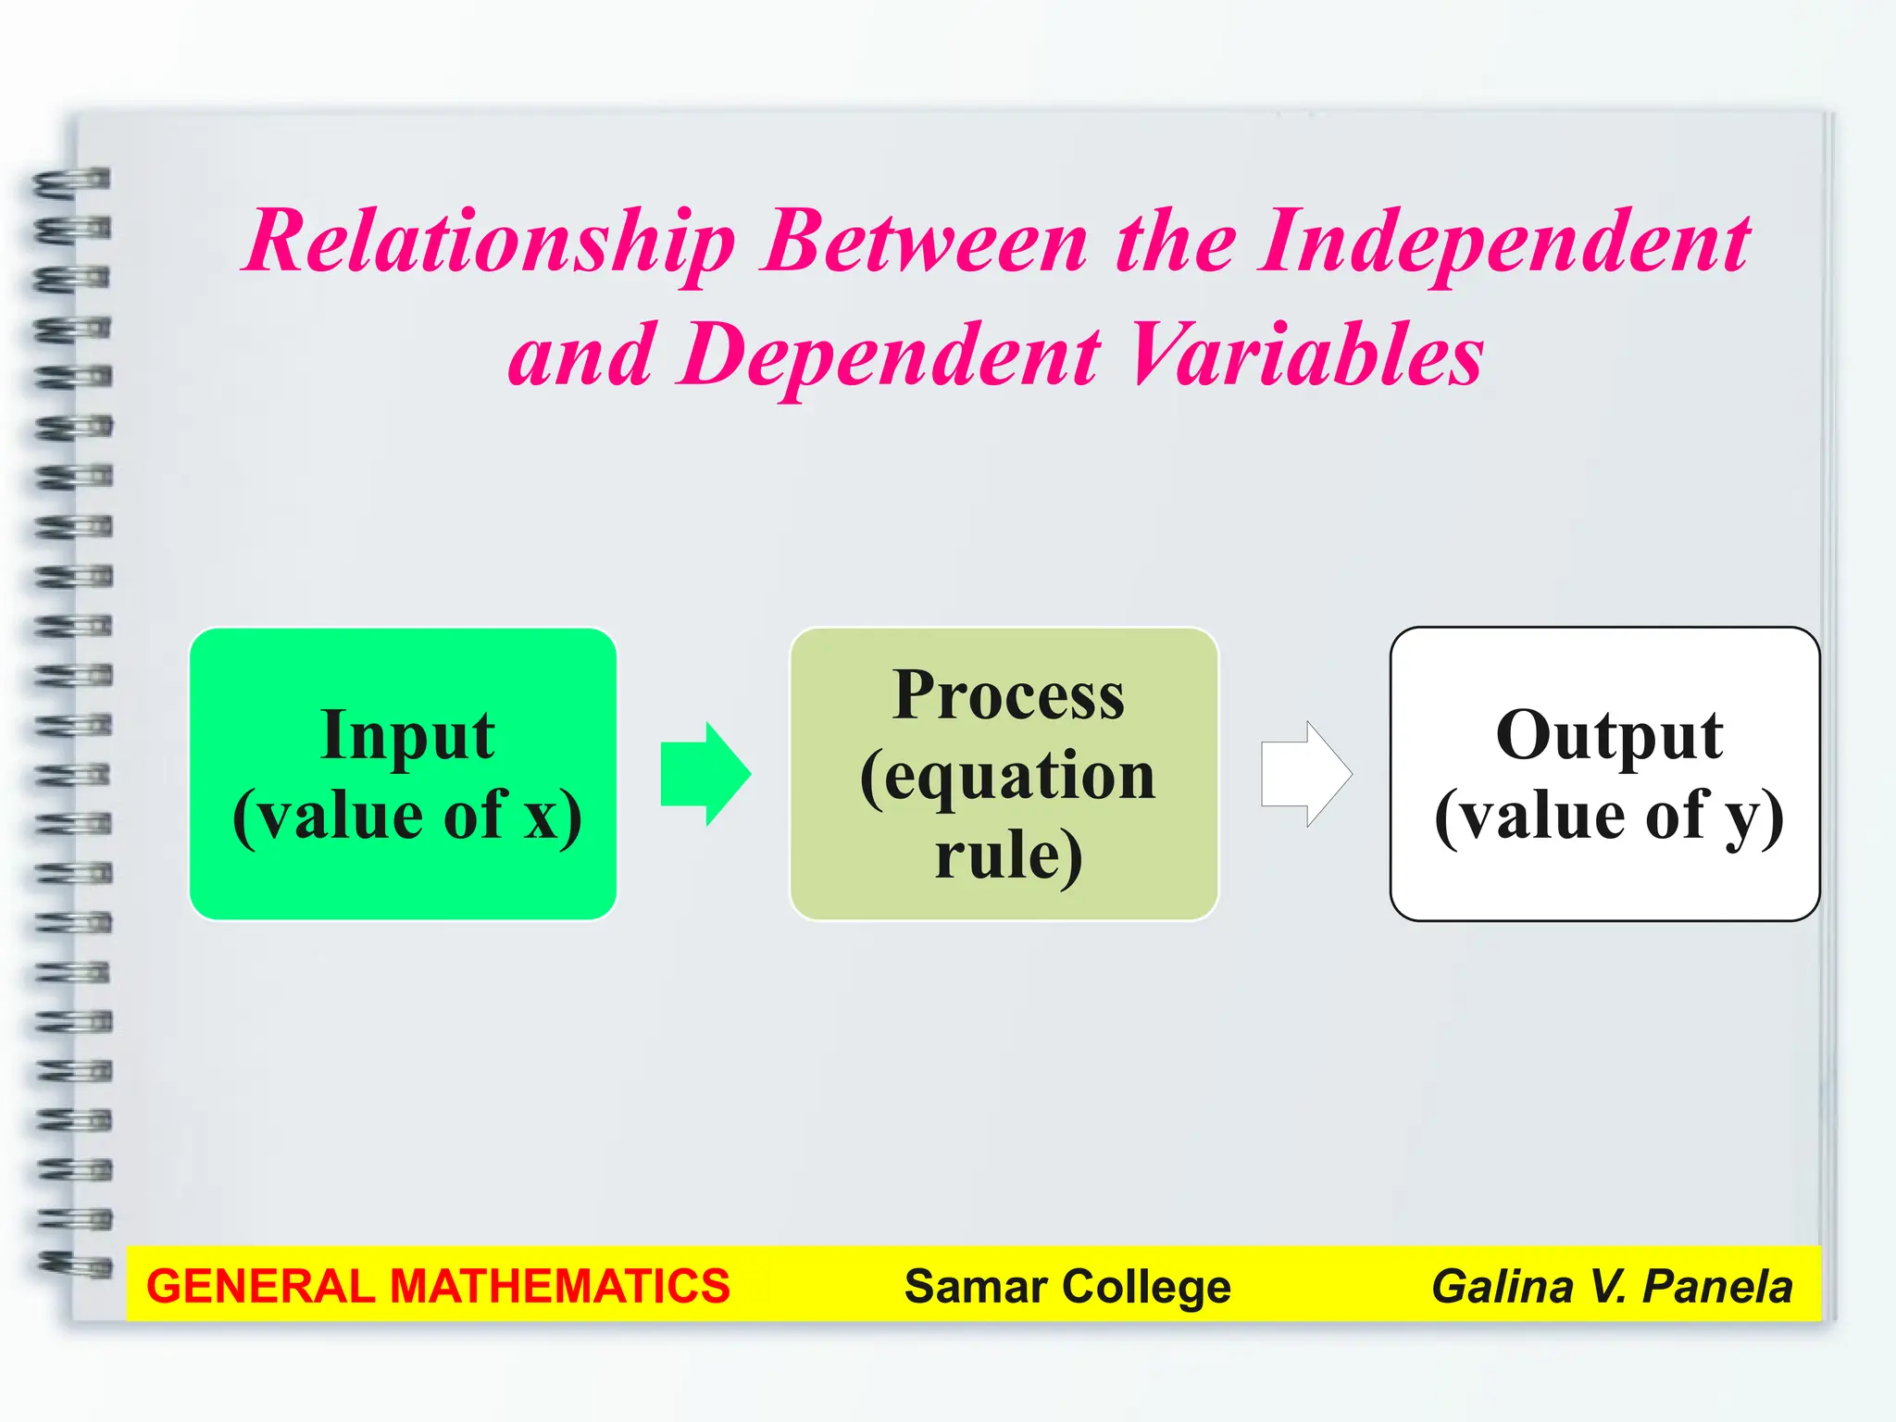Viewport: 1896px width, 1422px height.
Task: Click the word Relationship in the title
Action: [491, 243]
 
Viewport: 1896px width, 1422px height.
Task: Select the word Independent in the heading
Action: [1504, 243]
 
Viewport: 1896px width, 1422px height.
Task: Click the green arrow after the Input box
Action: [705, 774]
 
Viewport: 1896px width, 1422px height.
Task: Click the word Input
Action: [407, 736]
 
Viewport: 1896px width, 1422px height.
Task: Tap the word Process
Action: [1008, 695]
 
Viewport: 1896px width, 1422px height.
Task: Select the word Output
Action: [1609, 736]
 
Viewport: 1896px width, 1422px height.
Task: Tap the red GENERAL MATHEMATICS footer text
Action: [438, 1287]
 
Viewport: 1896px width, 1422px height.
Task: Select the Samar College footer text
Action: [1067, 1287]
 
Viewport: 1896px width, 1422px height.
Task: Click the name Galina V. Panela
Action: [1612, 1287]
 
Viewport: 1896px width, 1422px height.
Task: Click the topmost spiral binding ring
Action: [72, 181]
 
